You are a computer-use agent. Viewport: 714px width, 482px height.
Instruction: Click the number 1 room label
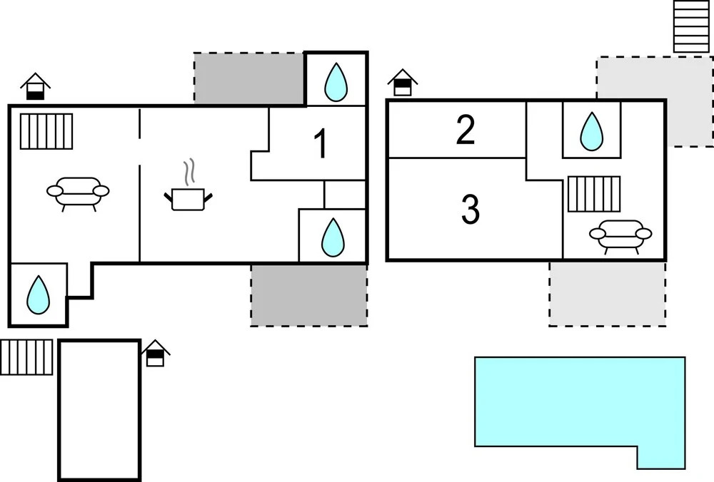[321, 143]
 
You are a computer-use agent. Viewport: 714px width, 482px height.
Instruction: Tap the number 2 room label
[466, 130]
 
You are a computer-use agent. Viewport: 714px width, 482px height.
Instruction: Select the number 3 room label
[471, 209]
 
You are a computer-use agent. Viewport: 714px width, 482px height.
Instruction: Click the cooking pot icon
[188, 199]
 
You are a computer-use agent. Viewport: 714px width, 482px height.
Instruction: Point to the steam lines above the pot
[189, 171]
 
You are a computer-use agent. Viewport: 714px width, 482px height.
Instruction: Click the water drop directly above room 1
[336, 82]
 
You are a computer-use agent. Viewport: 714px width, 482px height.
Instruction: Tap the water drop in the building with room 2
[591, 131]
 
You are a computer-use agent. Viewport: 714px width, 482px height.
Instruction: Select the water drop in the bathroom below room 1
[333, 237]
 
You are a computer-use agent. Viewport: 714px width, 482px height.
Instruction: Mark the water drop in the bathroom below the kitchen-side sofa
[39, 294]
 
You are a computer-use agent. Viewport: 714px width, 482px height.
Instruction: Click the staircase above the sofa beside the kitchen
[46, 131]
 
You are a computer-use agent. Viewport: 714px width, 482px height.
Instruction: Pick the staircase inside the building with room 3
[594, 194]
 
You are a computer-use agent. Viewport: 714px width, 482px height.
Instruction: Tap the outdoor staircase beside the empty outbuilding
[26, 357]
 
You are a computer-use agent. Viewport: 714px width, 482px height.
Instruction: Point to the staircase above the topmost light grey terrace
[691, 26]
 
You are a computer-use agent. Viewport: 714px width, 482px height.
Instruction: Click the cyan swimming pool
[580, 402]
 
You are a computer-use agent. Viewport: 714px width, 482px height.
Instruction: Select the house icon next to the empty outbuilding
[155, 353]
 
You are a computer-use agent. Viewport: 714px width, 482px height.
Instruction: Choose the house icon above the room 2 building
[403, 83]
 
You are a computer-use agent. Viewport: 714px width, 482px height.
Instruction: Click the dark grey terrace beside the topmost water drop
[249, 78]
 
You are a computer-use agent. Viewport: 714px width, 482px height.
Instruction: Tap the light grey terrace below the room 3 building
[608, 294]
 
